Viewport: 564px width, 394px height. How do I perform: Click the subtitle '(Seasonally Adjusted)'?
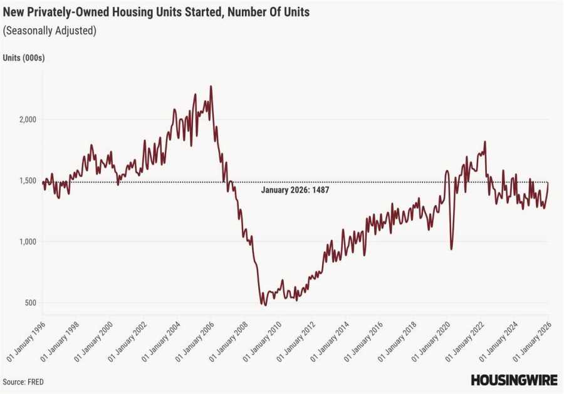50,31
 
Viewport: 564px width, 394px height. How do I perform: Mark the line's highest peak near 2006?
211,86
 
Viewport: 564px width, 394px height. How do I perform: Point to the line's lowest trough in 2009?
264,305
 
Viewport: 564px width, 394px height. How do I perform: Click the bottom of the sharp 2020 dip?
452,249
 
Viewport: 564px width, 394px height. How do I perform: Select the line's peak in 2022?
485,142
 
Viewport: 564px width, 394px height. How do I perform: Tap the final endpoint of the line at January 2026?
548,183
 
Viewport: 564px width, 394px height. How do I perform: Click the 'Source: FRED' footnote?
23,381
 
